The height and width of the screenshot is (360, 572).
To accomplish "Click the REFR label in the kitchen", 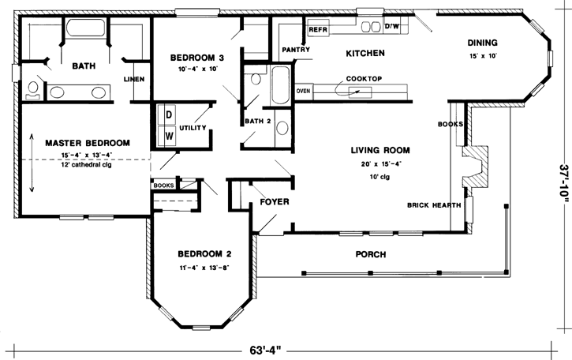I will pos(318,30).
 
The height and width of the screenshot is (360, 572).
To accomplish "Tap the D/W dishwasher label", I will pos(391,27).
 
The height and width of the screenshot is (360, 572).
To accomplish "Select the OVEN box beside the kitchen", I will pos(303,91).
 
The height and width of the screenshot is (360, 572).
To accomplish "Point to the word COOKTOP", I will pos(364,79).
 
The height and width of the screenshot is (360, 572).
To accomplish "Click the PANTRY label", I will pos(294,49).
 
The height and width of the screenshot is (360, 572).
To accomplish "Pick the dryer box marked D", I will pos(168,114).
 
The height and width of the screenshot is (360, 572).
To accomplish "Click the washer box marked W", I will pos(168,135).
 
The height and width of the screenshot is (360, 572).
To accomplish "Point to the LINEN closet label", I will pos(133,78).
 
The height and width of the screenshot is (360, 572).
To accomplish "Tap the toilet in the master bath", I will pos(34,89).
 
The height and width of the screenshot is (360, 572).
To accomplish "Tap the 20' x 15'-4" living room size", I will pos(383,164).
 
